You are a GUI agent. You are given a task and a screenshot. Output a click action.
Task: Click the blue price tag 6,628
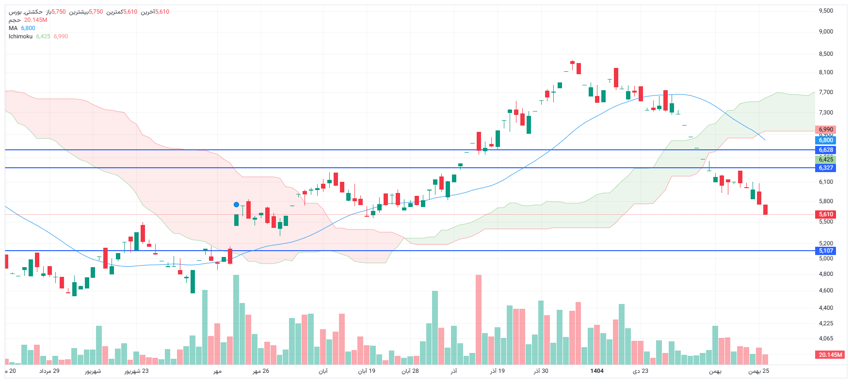pos(826,150)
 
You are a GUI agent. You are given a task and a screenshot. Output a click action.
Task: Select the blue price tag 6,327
pos(826,168)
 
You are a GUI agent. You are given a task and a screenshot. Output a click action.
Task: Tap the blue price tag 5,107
pos(826,251)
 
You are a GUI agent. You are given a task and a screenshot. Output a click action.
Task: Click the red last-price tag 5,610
pos(826,214)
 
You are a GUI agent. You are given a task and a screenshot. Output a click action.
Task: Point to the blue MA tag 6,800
pos(826,140)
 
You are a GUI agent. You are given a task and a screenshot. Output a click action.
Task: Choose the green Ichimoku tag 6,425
pos(826,160)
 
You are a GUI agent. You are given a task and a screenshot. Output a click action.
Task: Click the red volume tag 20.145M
pos(830,355)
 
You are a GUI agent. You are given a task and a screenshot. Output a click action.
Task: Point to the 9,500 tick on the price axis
pos(826,11)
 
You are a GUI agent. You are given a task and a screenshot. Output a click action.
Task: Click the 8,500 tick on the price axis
pos(826,54)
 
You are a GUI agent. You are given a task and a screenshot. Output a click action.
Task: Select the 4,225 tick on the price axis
pos(826,323)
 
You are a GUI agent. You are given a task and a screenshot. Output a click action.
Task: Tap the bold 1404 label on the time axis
pos(597,371)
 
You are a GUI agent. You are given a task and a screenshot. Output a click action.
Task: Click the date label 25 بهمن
pos(758,371)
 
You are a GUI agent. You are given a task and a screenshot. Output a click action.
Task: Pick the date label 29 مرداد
pos(49,371)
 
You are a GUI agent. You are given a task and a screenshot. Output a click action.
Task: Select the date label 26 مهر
pos(261,371)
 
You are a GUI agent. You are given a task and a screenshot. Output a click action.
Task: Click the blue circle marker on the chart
pos(236,205)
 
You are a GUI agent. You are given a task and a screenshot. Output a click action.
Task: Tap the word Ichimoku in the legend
pos(20,36)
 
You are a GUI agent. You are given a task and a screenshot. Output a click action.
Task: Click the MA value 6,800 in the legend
pos(28,28)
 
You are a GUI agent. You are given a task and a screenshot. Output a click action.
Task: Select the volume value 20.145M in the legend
pos(35,20)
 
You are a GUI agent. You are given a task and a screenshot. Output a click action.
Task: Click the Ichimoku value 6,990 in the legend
pos(61,36)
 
